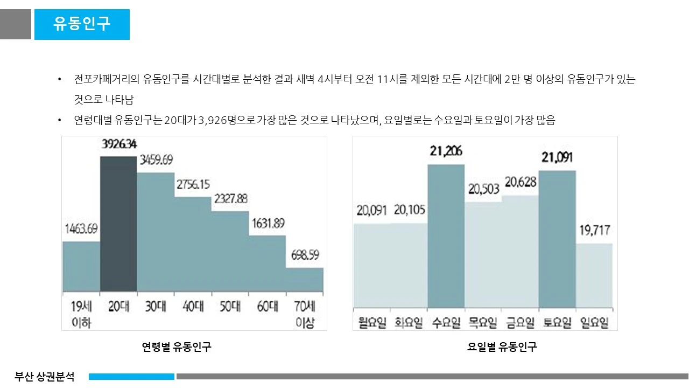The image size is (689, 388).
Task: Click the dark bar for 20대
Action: coord(118,224)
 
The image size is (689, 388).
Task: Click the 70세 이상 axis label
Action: coord(305,315)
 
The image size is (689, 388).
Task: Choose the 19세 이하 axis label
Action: coord(81,315)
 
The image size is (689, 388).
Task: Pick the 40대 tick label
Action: coord(193,307)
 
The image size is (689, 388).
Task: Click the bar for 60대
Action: coord(267,264)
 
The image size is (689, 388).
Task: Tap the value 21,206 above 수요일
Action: coord(446,151)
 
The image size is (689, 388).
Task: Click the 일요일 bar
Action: coord(594,275)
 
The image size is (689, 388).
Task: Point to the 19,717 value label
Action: coord(594,231)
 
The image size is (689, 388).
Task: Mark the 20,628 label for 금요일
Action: coord(520,183)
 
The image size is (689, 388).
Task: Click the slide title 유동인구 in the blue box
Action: coord(82,24)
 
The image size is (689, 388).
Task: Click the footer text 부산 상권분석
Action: coord(45,376)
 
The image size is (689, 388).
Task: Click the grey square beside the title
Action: coord(16,24)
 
